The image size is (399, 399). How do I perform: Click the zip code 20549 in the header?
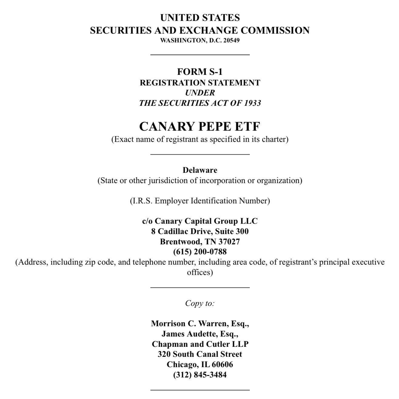231,40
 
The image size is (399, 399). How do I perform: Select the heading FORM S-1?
200,72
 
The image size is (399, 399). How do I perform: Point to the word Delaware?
200,170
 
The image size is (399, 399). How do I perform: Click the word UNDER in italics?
200,93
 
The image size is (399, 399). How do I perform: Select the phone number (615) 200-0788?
200,252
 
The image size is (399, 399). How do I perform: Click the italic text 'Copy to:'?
200,303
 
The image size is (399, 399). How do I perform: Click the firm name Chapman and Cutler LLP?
200,344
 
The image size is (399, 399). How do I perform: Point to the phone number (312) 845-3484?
200,375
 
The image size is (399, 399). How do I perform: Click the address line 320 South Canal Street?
200,354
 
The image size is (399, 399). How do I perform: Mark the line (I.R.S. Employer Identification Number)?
200,201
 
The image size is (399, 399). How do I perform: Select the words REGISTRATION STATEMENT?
200,83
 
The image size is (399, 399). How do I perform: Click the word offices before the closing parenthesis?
198,272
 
